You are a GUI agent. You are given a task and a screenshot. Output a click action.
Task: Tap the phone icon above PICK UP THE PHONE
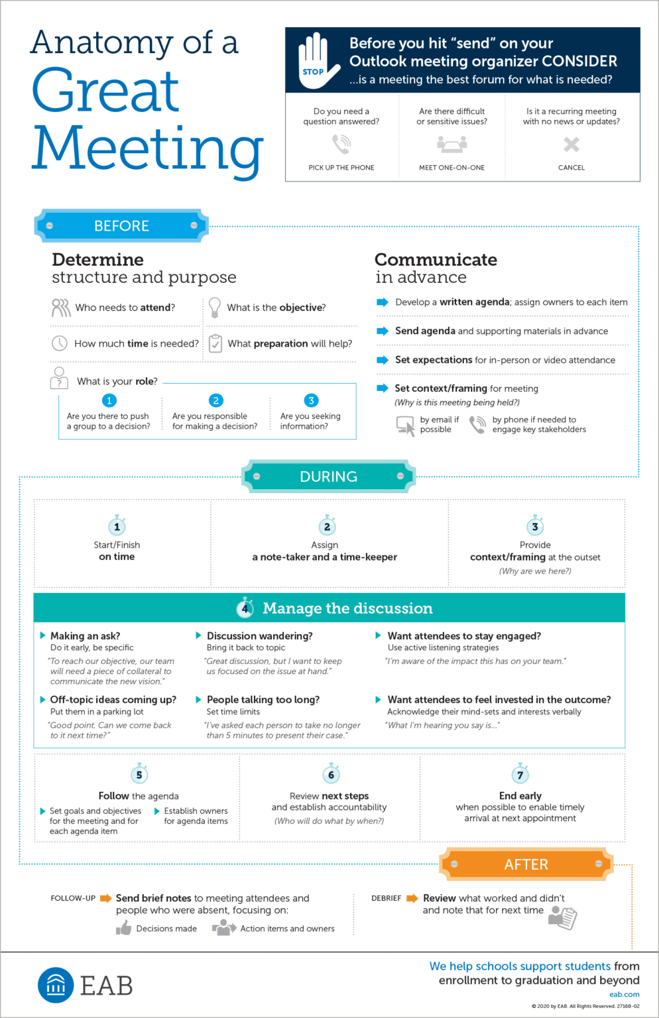pos(341,144)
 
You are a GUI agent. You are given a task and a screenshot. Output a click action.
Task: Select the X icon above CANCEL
pos(571,144)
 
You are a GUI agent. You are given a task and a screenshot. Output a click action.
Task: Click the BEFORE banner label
pos(122,226)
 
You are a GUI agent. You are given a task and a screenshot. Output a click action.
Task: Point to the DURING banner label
pos(328,477)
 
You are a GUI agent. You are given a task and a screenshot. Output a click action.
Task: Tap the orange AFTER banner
pos(526,864)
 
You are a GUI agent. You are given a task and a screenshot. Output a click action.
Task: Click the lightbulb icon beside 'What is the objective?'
pos(215,307)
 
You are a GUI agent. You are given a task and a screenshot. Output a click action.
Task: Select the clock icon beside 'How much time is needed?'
pos(60,343)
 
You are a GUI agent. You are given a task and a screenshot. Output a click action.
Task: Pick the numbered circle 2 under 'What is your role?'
pos(215,400)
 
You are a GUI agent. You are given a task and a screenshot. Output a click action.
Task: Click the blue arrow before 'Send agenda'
pos(383,331)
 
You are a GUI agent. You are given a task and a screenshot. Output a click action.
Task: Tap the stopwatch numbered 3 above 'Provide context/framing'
pos(535,526)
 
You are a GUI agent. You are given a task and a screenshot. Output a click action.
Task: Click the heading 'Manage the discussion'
pos(347,608)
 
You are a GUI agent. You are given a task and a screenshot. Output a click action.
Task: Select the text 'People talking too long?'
pos(263,699)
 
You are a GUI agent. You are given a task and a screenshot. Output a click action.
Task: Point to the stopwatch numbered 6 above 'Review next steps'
pos(331,774)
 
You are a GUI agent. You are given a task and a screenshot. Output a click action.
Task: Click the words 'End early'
pos(520,795)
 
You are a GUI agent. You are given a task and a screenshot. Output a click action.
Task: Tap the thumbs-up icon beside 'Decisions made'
pos(123,929)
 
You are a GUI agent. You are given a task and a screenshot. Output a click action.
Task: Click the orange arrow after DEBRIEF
pos(412,898)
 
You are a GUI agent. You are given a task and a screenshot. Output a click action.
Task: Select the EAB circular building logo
pos(56,985)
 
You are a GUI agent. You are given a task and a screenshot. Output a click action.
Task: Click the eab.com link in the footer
pos(625,994)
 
